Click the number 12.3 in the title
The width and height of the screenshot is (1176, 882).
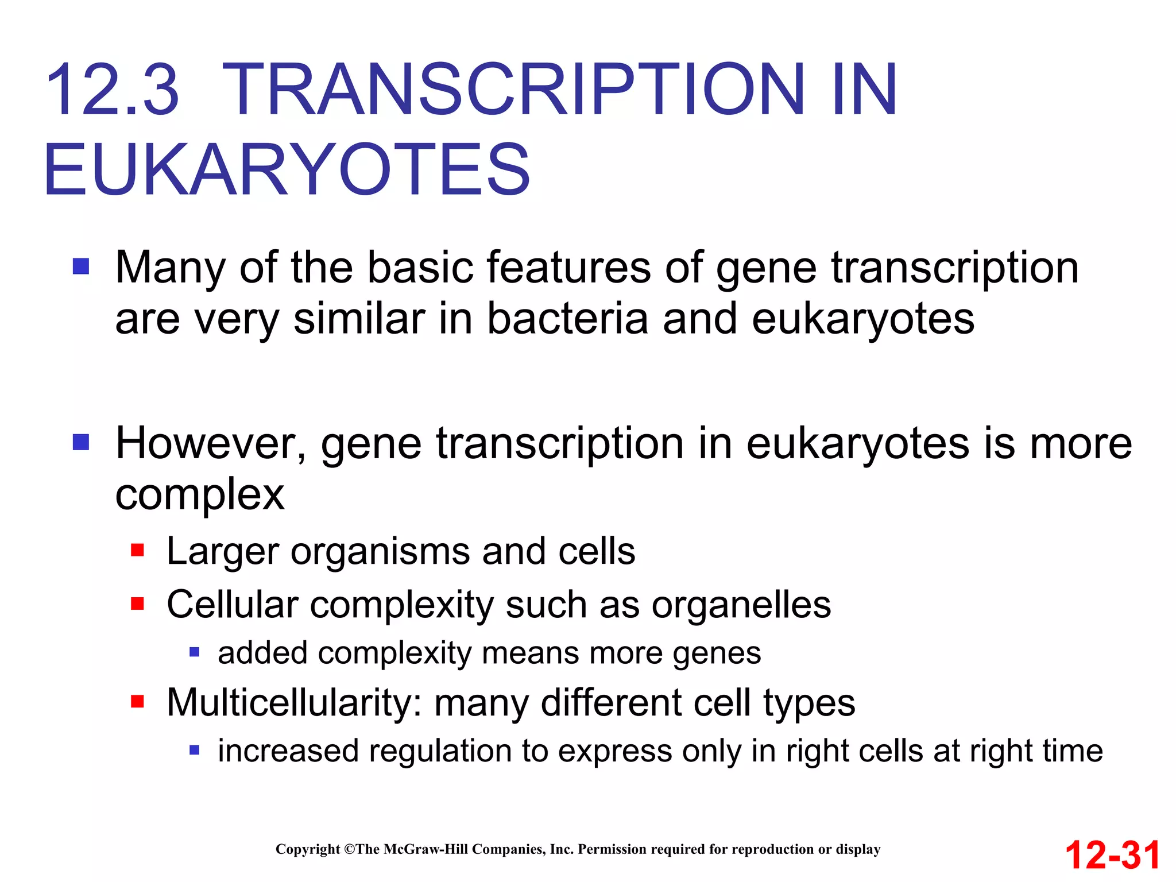click(113, 90)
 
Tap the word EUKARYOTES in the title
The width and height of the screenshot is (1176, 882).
click(287, 170)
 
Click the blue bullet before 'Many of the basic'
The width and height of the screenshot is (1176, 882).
click(81, 266)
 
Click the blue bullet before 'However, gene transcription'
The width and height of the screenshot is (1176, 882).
click(81, 442)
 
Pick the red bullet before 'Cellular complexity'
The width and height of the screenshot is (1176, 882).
click(137, 604)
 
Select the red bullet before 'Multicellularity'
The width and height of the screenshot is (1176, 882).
click(137, 701)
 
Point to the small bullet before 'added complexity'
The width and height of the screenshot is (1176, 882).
click(194, 652)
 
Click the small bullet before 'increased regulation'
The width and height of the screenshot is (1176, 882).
click(194, 750)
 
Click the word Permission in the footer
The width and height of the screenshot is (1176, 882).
click(612, 849)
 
